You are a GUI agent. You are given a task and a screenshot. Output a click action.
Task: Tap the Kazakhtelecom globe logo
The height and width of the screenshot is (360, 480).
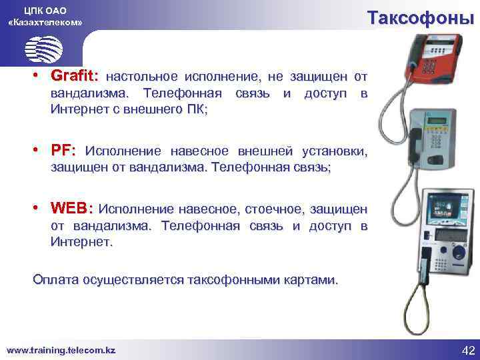click(x=44, y=48)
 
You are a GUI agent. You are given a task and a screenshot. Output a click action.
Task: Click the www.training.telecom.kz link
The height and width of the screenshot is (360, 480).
click(x=61, y=350)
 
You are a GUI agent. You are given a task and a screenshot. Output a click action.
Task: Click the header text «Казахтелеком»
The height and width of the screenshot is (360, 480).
click(x=45, y=22)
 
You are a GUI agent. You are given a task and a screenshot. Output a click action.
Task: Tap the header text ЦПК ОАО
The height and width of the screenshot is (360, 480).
click(x=45, y=10)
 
